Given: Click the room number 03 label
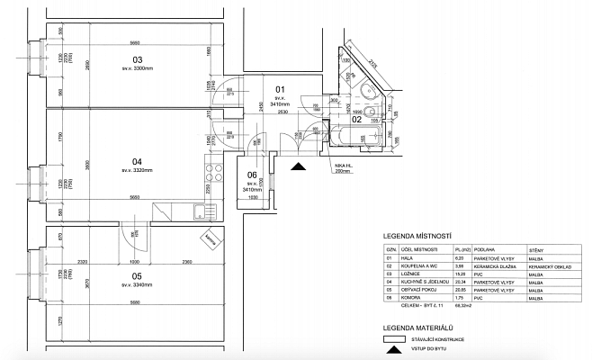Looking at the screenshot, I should click(x=138, y=59).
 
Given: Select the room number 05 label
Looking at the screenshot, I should click(x=137, y=276).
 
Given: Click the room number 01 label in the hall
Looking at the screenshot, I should click(x=279, y=89).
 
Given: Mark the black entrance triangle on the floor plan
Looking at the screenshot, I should click(x=298, y=166).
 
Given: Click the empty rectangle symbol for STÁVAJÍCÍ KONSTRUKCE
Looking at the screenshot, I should click(x=392, y=340).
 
